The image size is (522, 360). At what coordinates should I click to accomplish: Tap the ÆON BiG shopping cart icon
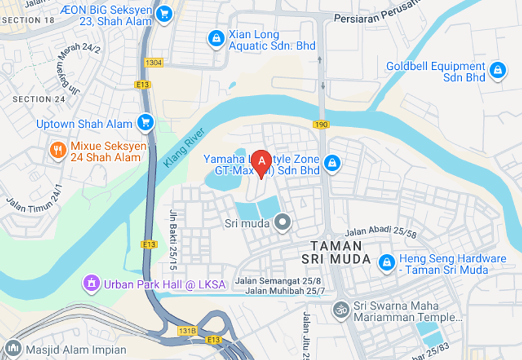click(x=164, y=13)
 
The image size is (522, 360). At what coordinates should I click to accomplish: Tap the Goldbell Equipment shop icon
click(x=498, y=70)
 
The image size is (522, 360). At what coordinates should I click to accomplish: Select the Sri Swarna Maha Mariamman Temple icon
click(x=341, y=308)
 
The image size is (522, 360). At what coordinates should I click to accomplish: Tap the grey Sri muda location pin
click(x=283, y=224)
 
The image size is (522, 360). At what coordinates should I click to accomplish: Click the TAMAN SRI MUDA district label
click(x=335, y=252)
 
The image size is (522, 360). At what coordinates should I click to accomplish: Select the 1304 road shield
click(x=154, y=63)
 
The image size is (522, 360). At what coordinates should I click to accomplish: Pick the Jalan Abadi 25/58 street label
click(x=380, y=230)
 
